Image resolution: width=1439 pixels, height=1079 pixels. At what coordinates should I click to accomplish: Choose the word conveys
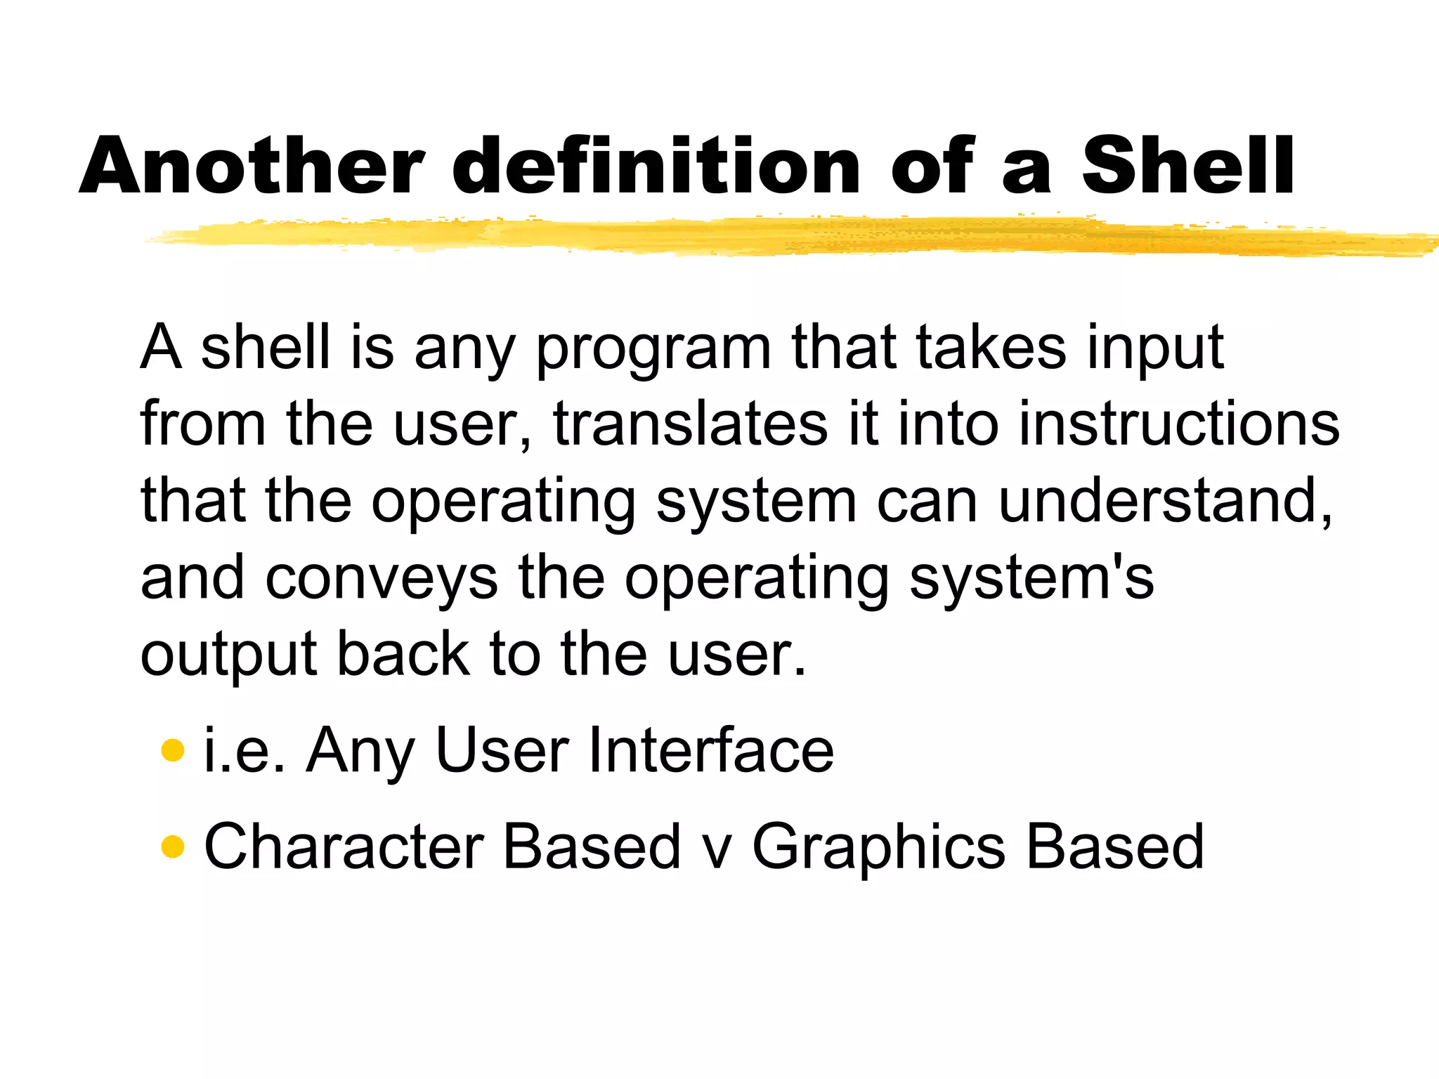point(382,578)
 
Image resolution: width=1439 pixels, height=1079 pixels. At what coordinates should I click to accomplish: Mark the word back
point(403,654)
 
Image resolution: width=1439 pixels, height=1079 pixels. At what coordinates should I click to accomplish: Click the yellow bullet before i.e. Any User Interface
point(172,750)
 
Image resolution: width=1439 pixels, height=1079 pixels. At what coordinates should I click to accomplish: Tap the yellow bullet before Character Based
point(172,846)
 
